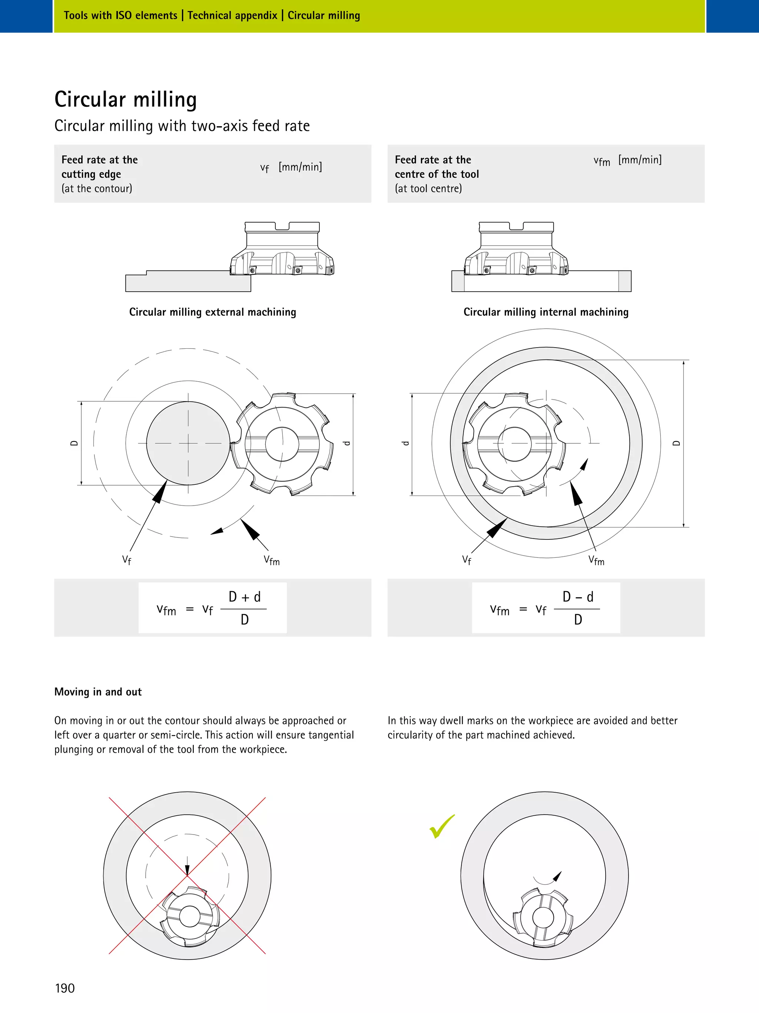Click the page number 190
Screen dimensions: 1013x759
click(x=64, y=988)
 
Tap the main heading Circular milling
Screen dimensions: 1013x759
click(x=125, y=99)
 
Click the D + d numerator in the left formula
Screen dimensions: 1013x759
click(x=244, y=597)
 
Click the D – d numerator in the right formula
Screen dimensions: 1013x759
click(x=578, y=597)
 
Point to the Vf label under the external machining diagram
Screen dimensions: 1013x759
click(x=127, y=560)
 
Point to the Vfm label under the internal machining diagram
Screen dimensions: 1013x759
click(x=596, y=560)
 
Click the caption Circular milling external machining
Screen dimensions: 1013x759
click(x=212, y=312)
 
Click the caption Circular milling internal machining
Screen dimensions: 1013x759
click(x=546, y=312)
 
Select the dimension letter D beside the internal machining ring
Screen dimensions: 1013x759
click(x=676, y=443)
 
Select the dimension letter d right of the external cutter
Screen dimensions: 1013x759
click(x=347, y=443)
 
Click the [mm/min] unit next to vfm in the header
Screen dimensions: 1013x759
click(x=640, y=160)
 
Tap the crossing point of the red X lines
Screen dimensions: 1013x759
click(x=187, y=876)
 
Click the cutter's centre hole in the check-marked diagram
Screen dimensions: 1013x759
click(x=543, y=917)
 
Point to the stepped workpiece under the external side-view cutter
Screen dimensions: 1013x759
click(x=188, y=282)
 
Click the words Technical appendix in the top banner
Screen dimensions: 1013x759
click(x=232, y=16)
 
